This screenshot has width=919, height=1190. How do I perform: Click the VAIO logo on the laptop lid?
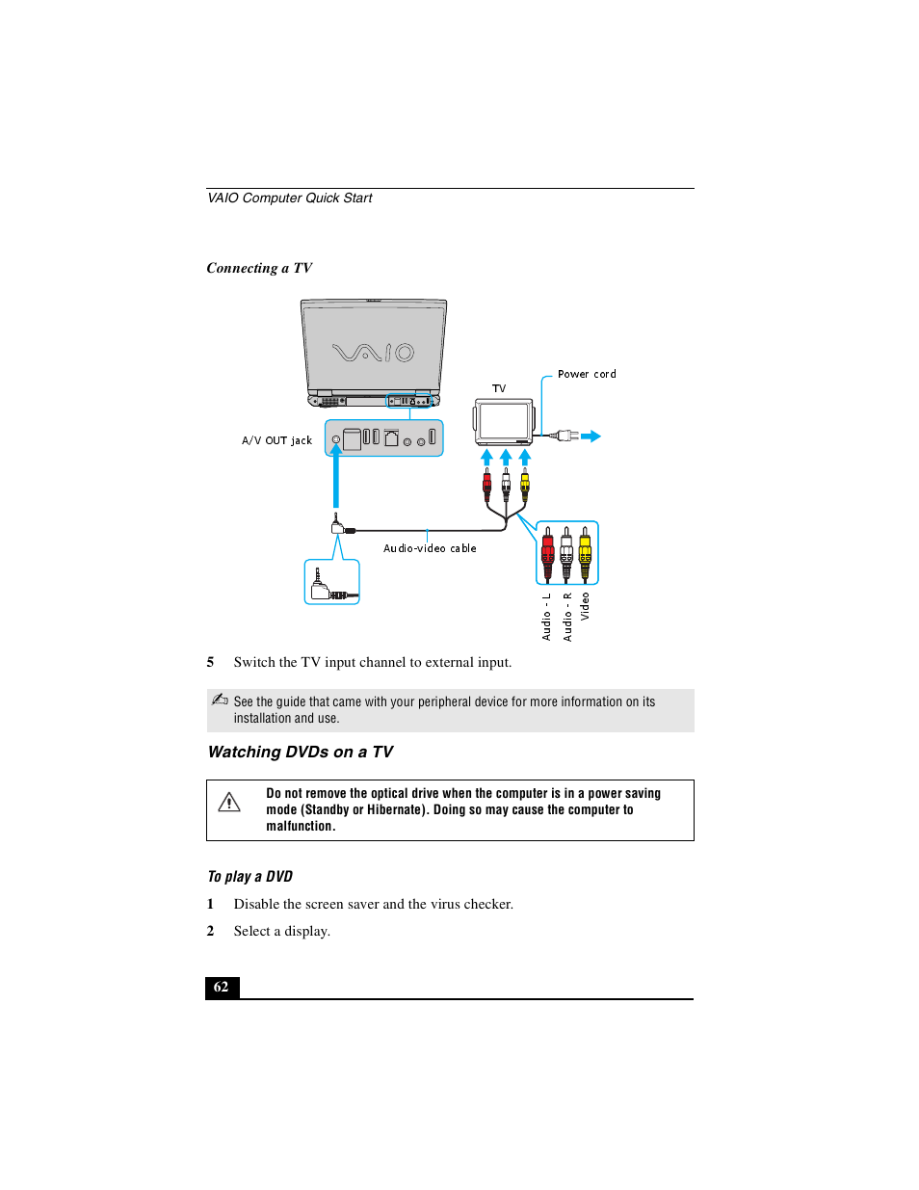coord(373,353)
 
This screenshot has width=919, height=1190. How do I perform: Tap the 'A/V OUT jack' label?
coord(276,440)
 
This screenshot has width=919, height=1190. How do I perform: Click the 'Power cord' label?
coord(586,374)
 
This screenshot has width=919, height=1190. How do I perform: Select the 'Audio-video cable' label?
coord(430,548)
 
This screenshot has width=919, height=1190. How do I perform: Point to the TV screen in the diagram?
coord(504,420)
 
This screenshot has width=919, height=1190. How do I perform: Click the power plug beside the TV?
coord(566,436)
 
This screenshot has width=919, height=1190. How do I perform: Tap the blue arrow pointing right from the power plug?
coord(591,436)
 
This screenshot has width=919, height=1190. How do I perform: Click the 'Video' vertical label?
coord(585,606)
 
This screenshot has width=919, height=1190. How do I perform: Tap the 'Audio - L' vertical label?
coord(546,617)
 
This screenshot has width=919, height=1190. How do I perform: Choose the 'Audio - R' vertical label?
coord(567,617)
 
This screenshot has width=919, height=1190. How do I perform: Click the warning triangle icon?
coord(229,802)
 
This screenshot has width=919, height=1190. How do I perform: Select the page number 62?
coord(222,987)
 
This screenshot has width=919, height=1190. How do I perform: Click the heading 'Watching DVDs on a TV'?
coord(301,752)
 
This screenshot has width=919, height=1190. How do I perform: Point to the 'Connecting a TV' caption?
coord(259,268)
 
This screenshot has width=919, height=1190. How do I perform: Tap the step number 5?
coord(210,662)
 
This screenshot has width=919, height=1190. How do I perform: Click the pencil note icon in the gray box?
coord(220,700)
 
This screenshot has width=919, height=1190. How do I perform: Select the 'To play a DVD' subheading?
coord(249,876)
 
